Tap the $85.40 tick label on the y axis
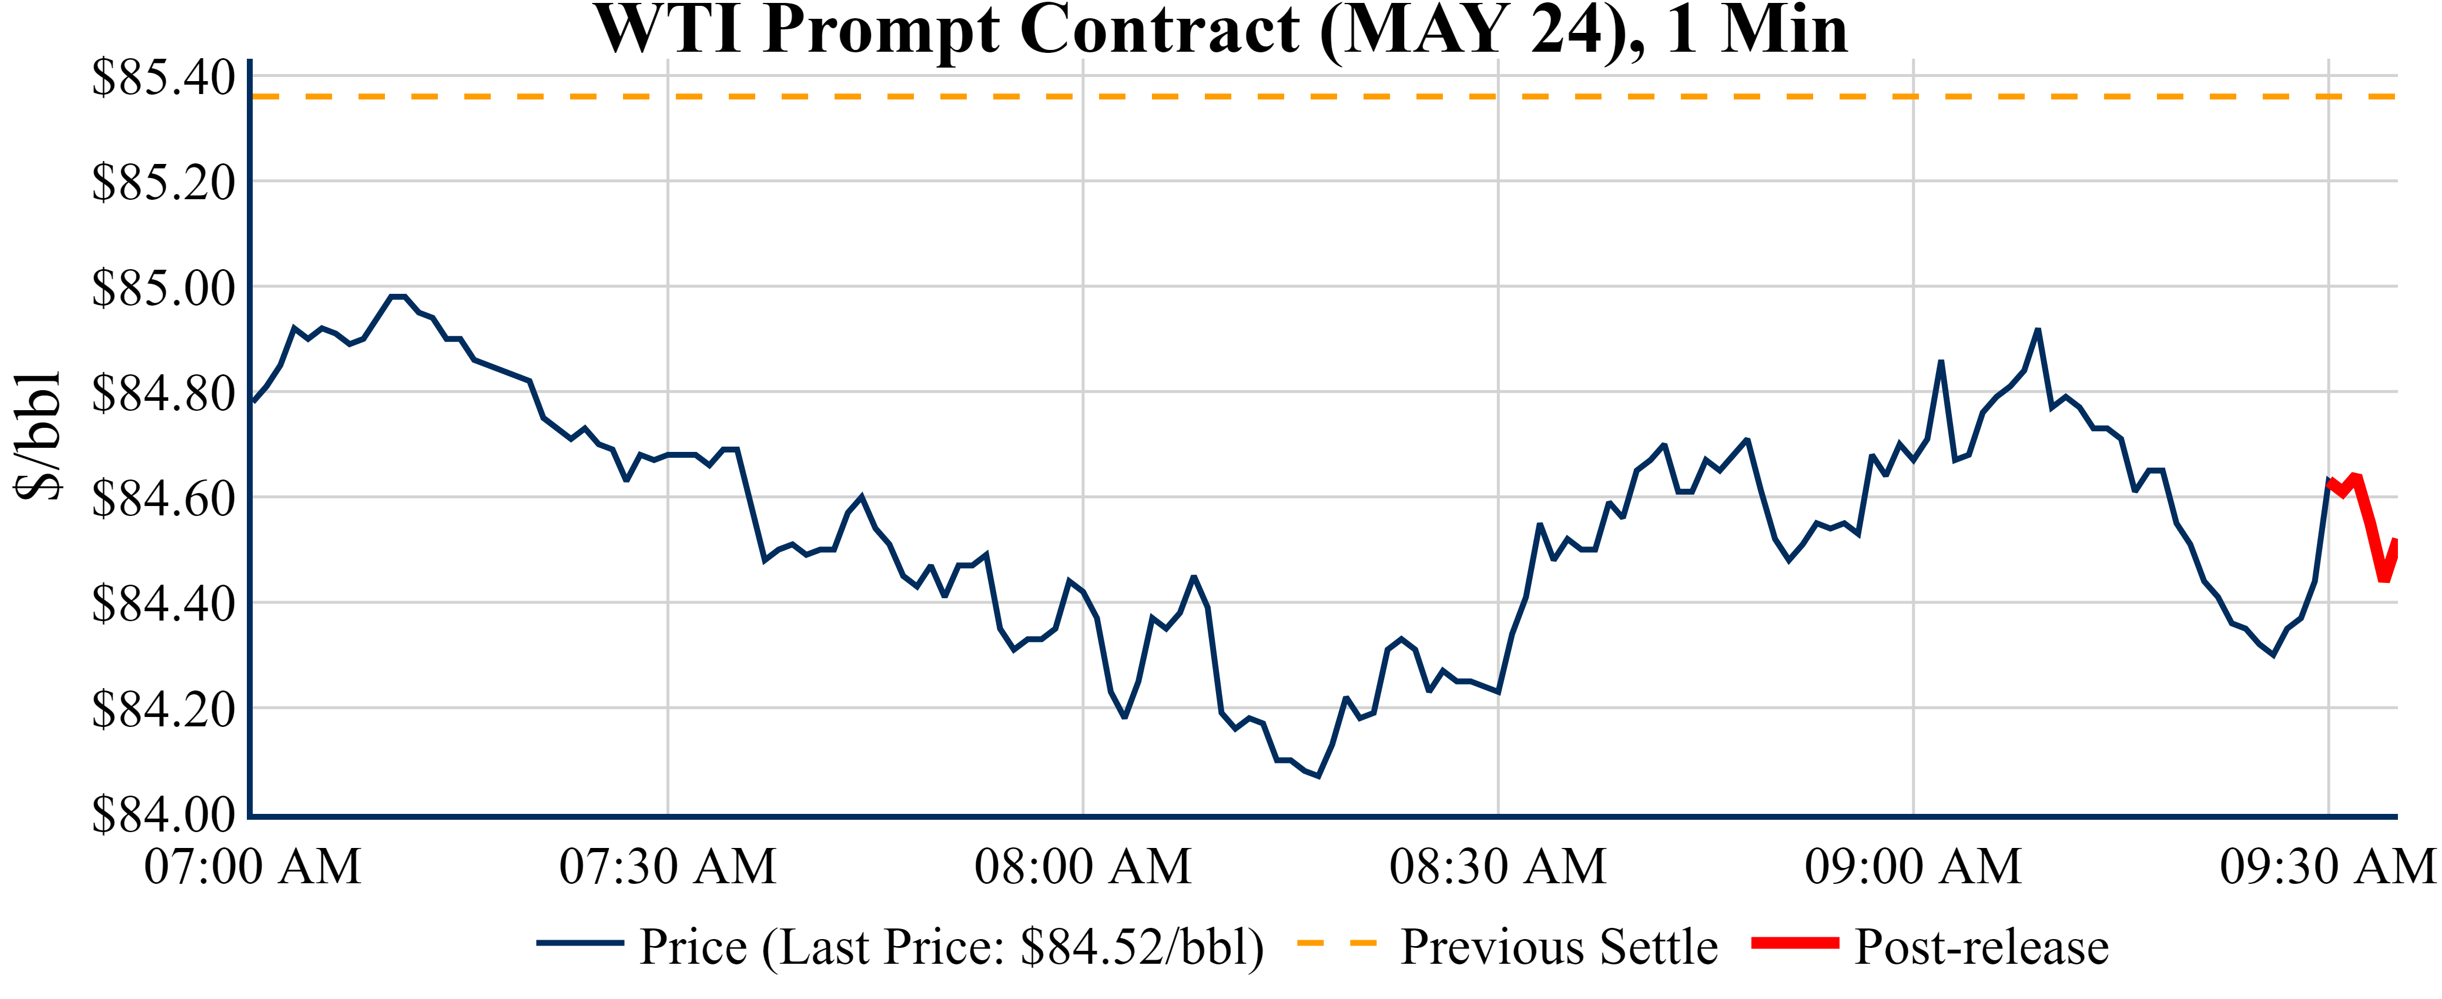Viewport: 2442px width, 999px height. [x=163, y=78]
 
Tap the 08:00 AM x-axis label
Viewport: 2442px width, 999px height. [x=1083, y=866]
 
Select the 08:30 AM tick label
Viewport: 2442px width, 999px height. [x=1498, y=866]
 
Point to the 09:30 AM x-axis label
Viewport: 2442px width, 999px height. [x=2327, y=866]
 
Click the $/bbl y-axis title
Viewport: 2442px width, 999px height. [x=38, y=435]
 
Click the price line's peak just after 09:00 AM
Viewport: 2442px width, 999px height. [x=2037, y=330]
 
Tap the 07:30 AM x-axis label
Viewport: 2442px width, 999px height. [x=668, y=866]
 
